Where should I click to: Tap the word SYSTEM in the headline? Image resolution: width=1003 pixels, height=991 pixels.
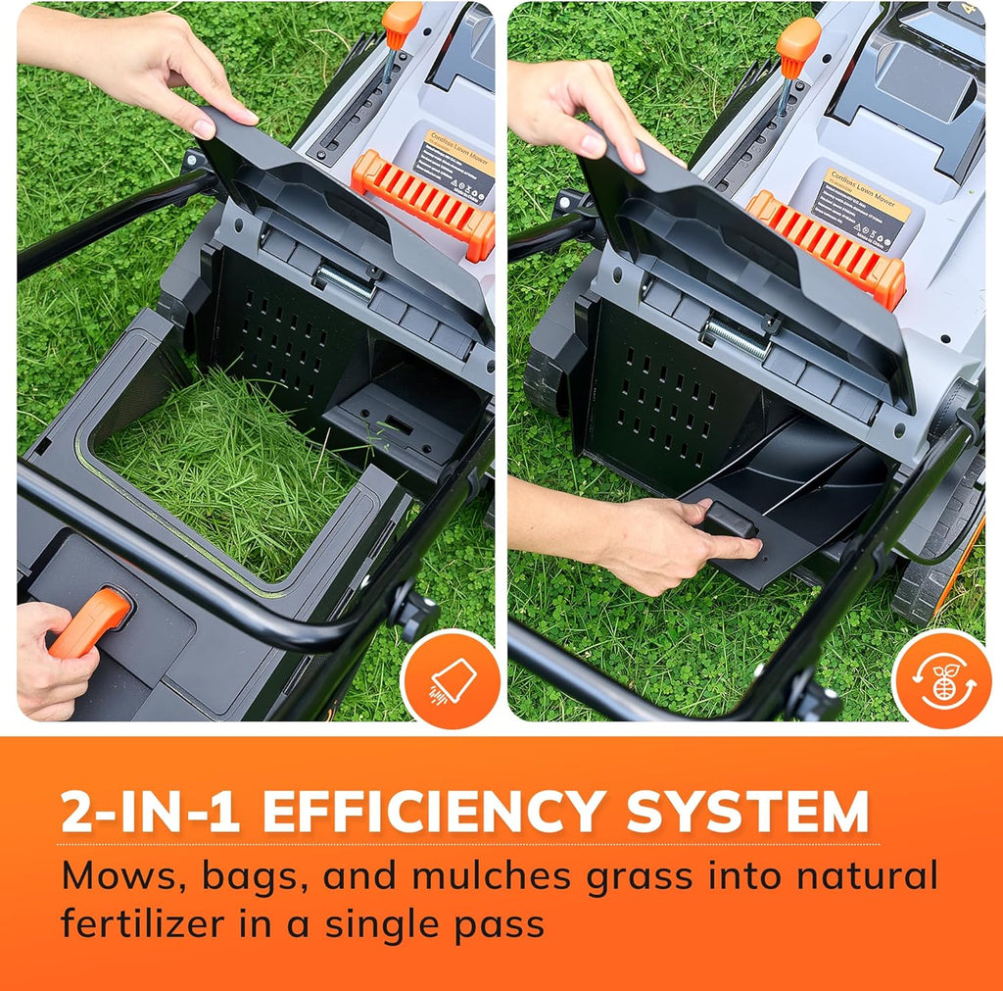click(x=747, y=813)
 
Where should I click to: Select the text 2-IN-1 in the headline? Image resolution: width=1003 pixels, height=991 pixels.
click(x=150, y=813)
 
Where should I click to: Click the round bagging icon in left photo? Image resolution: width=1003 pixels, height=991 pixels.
click(x=452, y=679)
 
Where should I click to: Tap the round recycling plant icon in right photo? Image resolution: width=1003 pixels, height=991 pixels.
click(x=942, y=679)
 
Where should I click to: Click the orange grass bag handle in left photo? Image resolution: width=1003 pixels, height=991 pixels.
click(x=90, y=622)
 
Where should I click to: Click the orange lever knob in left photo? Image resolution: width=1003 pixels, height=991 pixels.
click(x=402, y=21)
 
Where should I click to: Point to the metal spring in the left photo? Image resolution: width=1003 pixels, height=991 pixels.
click(x=344, y=282)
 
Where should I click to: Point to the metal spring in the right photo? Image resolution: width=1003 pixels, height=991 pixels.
click(x=737, y=336)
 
